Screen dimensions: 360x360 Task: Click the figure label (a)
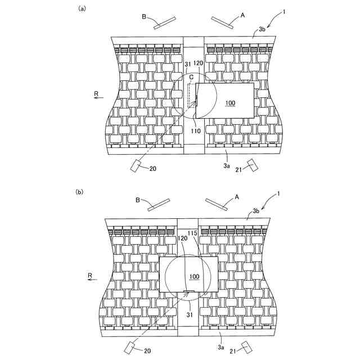[x=82, y=8]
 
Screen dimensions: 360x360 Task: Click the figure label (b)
[x=80, y=192]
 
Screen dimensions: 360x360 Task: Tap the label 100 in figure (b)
[x=194, y=276]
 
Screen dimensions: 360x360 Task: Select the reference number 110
[x=196, y=132]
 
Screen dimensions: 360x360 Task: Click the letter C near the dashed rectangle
[x=191, y=77]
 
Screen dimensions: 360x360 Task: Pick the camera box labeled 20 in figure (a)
[x=137, y=166]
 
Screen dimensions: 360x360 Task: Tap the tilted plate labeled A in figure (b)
[x=216, y=203]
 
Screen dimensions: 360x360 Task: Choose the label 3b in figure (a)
[x=262, y=29]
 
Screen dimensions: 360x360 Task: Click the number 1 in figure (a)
[x=285, y=11]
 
